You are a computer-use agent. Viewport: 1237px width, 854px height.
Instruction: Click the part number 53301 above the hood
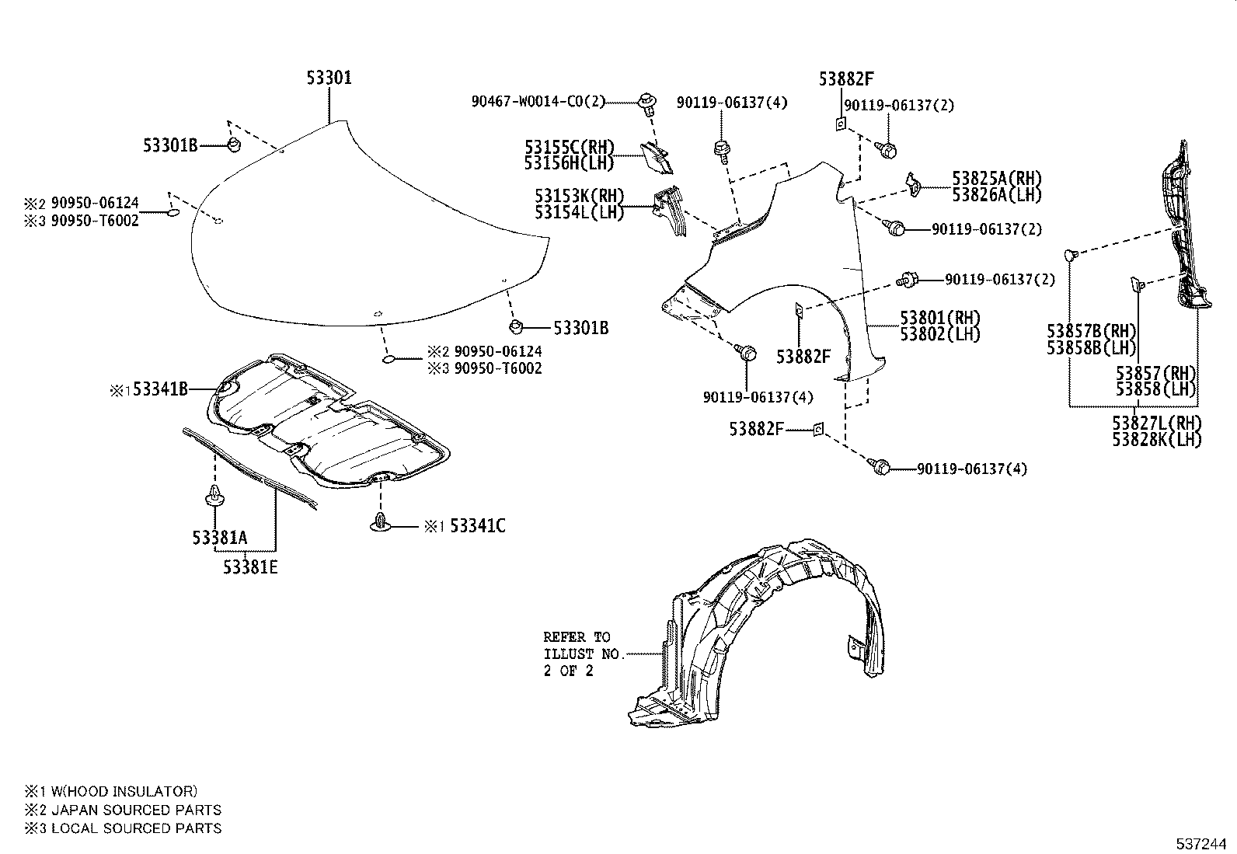(x=329, y=78)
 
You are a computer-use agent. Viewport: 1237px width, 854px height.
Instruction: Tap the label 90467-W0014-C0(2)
(x=538, y=101)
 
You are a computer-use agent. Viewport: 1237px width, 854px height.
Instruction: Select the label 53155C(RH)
(x=569, y=147)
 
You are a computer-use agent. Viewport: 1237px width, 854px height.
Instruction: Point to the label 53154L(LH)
(x=579, y=212)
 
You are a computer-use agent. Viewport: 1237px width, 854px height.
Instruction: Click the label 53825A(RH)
(x=997, y=179)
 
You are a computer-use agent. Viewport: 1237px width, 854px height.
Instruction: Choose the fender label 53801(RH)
(x=940, y=318)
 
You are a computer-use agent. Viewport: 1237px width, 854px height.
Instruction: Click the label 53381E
(x=250, y=566)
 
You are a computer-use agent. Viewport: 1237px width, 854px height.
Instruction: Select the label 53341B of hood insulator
(x=160, y=389)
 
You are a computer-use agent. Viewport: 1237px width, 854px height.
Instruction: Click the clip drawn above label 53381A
(x=214, y=495)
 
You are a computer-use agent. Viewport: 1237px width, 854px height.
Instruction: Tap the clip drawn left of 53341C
(x=379, y=524)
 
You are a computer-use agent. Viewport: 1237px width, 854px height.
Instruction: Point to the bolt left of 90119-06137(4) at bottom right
(x=882, y=466)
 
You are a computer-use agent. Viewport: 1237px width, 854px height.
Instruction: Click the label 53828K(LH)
(x=1156, y=440)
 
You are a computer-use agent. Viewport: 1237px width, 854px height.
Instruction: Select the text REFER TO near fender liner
(x=577, y=636)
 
